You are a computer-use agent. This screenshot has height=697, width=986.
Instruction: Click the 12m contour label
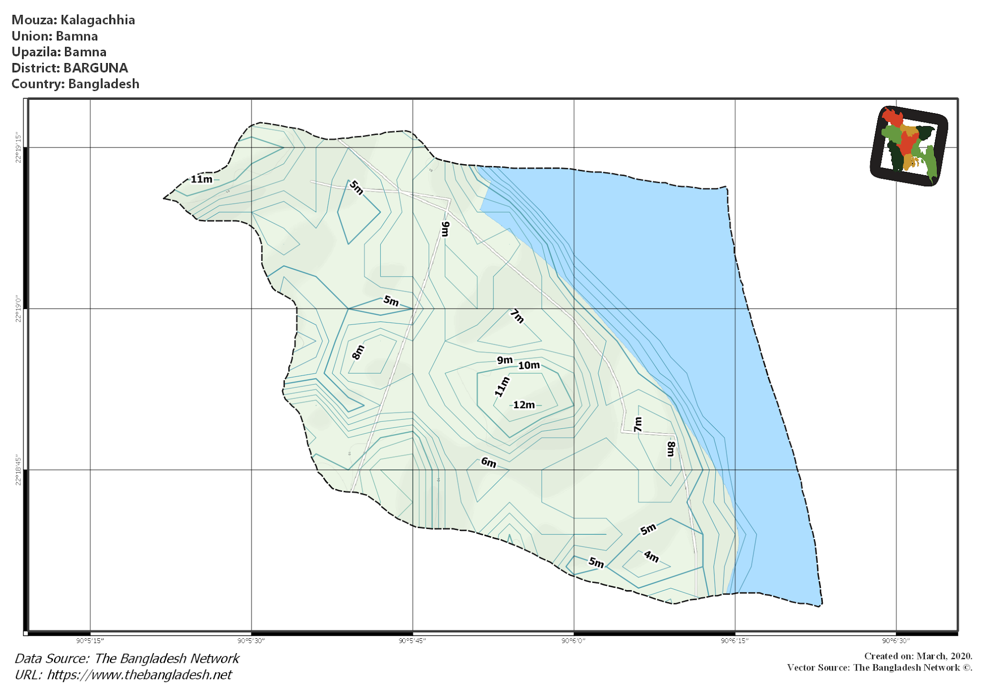pyautogui.click(x=524, y=405)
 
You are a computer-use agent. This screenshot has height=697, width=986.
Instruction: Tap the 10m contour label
pyautogui.click(x=529, y=365)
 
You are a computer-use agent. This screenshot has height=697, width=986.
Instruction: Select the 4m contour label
pyautogui.click(x=651, y=556)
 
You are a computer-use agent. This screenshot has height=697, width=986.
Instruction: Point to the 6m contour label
pyautogui.click(x=488, y=463)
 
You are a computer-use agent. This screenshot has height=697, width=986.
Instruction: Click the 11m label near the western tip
pyautogui.click(x=201, y=179)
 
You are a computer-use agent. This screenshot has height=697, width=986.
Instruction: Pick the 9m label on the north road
pyautogui.click(x=445, y=229)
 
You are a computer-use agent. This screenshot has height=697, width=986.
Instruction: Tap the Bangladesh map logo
pyautogui.click(x=909, y=146)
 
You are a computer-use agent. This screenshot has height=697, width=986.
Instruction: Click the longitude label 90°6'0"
pyautogui.click(x=573, y=641)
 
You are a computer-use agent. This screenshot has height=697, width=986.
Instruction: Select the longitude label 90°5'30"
pyautogui.click(x=251, y=641)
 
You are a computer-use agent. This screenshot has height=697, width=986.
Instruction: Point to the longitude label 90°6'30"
pyautogui.click(x=895, y=641)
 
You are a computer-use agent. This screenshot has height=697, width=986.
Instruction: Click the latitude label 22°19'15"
pyautogui.click(x=18, y=147)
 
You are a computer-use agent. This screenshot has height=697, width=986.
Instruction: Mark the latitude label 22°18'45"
pyautogui.click(x=18, y=469)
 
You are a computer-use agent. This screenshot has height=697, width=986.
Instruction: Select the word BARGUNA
pyautogui.click(x=95, y=68)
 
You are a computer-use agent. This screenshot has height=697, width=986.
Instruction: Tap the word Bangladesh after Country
pyautogui.click(x=104, y=84)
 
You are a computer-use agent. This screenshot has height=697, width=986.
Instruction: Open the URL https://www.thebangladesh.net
pyautogui.click(x=139, y=675)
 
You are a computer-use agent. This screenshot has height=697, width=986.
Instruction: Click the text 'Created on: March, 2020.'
pyautogui.click(x=918, y=656)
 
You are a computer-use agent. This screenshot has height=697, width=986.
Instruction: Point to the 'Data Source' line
pyautogui.click(x=127, y=658)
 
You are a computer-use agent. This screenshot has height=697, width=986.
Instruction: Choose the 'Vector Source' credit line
pyautogui.click(x=880, y=668)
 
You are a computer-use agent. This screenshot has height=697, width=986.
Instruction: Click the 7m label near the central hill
pyautogui.click(x=517, y=316)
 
